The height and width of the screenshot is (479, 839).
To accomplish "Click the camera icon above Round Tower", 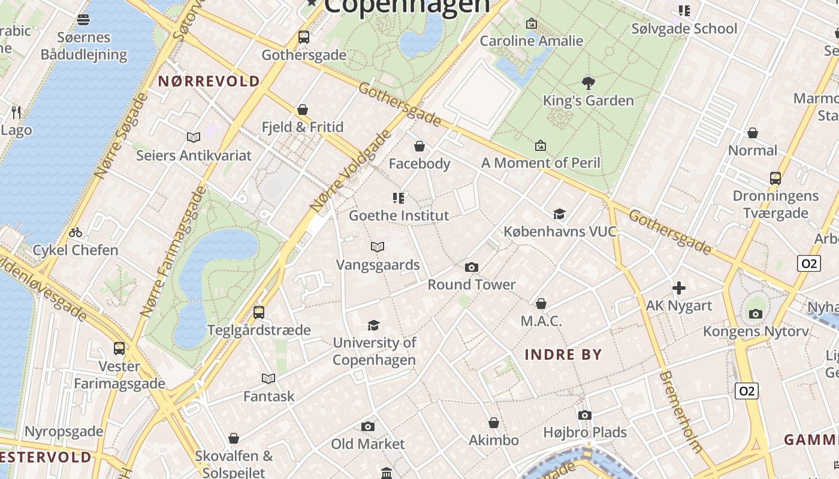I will pyautogui.click(x=472, y=268).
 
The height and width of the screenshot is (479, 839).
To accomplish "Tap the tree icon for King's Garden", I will pyautogui.click(x=588, y=83).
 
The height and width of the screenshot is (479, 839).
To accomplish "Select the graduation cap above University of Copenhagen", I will pyautogui.click(x=374, y=325).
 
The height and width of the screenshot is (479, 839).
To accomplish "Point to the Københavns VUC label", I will pyautogui.click(x=560, y=231).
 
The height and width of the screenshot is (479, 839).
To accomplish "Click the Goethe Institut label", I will pyautogui.click(x=399, y=216).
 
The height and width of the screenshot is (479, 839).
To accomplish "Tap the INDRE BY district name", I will pyautogui.click(x=563, y=354).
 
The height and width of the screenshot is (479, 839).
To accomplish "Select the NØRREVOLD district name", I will pyautogui.click(x=209, y=81).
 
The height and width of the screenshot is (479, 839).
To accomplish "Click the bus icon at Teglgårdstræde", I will pyautogui.click(x=259, y=312).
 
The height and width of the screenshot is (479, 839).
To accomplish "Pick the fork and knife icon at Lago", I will pyautogui.click(x=16, y=112).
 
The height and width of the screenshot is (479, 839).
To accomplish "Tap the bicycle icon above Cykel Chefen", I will pyautogui.click(x=76, y=232).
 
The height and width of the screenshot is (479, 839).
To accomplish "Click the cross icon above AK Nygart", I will pyautogui.click(x=678, y=289).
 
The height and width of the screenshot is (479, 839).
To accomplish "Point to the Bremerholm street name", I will pyautogui.click(x=680, y=412).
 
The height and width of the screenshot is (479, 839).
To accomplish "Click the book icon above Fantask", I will pyautogui.click(x=268, y=378).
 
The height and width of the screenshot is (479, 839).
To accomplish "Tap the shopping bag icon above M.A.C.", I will pyautogui.click(x=541, y=304).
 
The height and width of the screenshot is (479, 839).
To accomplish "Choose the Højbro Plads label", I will pyautogui.click(x=585, y=432).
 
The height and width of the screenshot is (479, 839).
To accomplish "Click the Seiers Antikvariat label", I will pyautogui.click(x=194, y=156).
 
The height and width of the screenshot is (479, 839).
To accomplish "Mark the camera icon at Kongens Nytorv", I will pyautogui.click(x=756, y=314).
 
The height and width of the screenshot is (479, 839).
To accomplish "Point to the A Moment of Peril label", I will pyautogui.click(x=541, y=163).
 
